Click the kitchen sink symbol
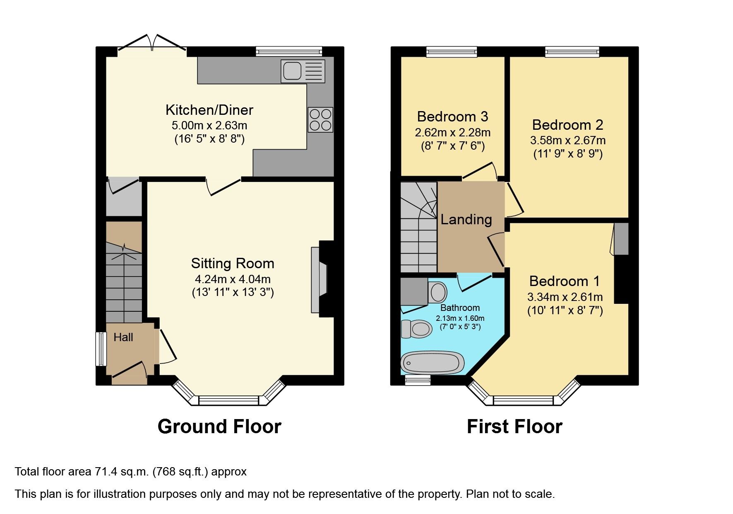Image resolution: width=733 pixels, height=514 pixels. [x=303, y=71]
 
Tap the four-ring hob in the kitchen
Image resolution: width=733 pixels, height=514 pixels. [x=320, y=120]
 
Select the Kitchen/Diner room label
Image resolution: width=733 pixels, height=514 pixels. [x=209, y=110]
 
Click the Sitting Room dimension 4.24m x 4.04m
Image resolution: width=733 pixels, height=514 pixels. [x=233, y=279]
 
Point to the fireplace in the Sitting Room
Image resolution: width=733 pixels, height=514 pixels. [x=320, y=280]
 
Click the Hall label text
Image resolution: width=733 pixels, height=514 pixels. [x=123, y=337]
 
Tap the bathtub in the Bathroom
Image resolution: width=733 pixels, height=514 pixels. [x=430, y=363]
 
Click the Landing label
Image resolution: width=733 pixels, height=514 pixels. [x=466, y=219]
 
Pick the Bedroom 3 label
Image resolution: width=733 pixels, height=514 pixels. [x=452, y=116]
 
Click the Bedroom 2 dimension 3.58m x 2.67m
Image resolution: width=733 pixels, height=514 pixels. [x=567, y=140]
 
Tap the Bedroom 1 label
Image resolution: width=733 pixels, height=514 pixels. [x=564, y=281]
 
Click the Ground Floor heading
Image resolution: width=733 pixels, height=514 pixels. [x=219, y=427]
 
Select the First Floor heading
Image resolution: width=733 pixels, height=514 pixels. [x=514, y=427]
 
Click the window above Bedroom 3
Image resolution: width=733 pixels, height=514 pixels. [x=452, y=51]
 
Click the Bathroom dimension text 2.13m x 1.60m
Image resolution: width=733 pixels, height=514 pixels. [x=460, y=318]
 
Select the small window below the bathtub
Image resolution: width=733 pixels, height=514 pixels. [x=417, y=380]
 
